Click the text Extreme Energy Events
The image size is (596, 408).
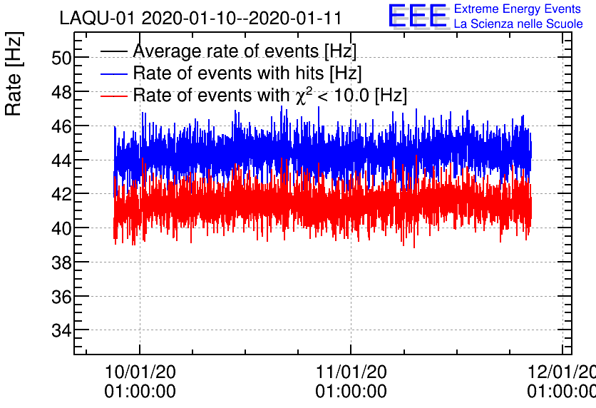point(517,9)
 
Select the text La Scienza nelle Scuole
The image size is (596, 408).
point(518,24)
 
